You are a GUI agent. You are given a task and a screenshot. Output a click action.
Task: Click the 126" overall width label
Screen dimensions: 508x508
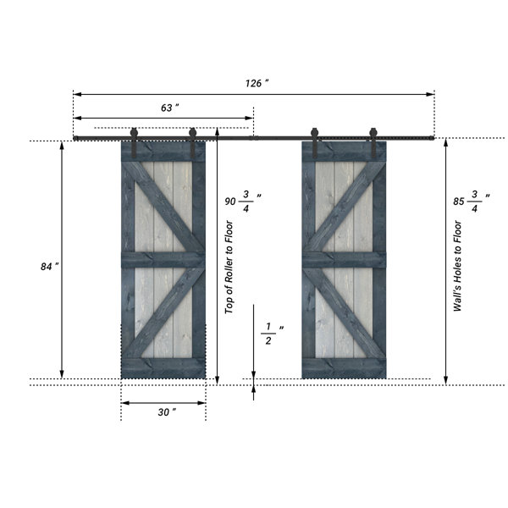coord(257,83)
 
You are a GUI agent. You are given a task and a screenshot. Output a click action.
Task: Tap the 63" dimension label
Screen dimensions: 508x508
coord(170,108)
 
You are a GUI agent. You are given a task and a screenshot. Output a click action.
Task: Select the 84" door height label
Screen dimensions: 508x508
coord(50,267)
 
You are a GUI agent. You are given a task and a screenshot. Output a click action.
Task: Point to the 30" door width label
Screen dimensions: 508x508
coord(167,412)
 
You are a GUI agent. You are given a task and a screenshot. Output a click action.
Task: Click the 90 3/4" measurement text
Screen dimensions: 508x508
coord(243,202)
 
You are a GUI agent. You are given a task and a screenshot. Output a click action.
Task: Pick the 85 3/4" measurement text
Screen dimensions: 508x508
coord(472,202)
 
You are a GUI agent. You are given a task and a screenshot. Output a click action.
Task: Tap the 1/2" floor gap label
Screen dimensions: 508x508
coord(272,334)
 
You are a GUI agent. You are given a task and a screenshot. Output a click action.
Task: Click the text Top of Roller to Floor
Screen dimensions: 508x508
coord(229,267)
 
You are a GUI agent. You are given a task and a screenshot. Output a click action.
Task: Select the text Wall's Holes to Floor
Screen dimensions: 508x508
coord(457,266)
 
